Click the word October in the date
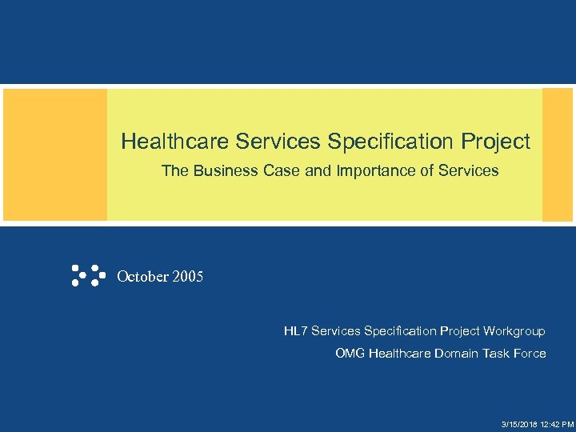tap(142, 277)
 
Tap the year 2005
tap(187, 277)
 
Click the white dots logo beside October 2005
tap(88, 275)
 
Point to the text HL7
tap(295, 331)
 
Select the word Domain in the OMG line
tap(456, 354)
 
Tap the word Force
tap(529, 354)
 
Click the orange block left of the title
tap(55, 154)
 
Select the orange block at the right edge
tap(558, 154)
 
